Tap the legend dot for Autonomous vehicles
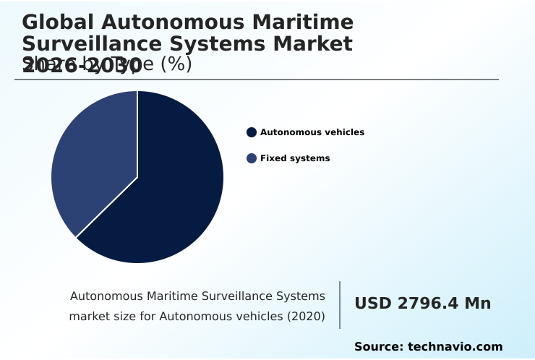tap(252, 132)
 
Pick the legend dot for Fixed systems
tap(252, 158)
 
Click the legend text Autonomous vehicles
tap(312, 132)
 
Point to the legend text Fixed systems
tap(294, 158)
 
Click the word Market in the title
tap(310, 44)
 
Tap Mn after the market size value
tap(477, 304)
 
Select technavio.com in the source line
tap(455, 347)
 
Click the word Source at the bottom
tap(377, 347)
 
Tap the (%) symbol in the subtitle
tap(176, 64)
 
